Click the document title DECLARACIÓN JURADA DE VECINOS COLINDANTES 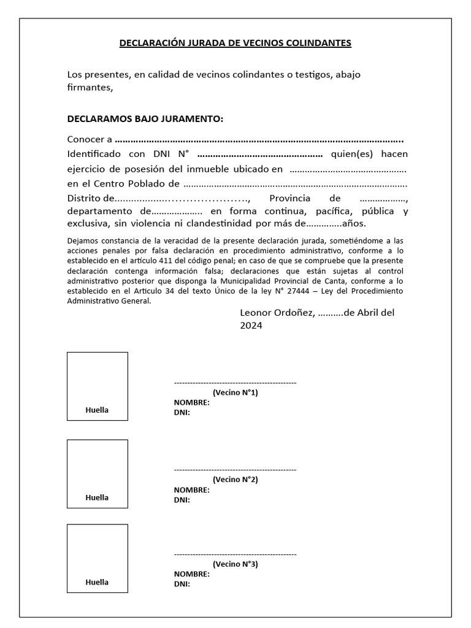pyautogui.click(x=235, y=43)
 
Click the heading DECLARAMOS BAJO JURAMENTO pyautogui.click(x=145, y=118)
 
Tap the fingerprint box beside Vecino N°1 pyautogui.click(x=98, y=386)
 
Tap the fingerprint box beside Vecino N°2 pyautogui.click(x=98, y=473)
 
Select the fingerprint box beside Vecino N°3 pyautogui.click(x=98, y=558)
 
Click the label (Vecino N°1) pyautogui.click(x=235, y=392)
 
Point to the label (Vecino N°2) pyautogui.click(x=235, y=480)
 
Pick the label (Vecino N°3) pyautogui.click(x=235, y=564)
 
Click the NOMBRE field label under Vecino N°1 pyautogui.click(x=191, y=403)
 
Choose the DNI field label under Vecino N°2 pyautogui.click(x=182, y=500)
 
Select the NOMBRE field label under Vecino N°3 pyautogui.click(x=191, y=574)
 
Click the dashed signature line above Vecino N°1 pyautogui.click(x=235, y=383)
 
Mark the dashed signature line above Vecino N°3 pyautogui.click(x=235, y=554)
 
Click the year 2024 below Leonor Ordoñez pyautogui.click(x=251, y=326)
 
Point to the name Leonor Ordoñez pyautogui.click(x=277, y=313)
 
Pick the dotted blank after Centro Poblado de pyautogui.click(x=295, y=184)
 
